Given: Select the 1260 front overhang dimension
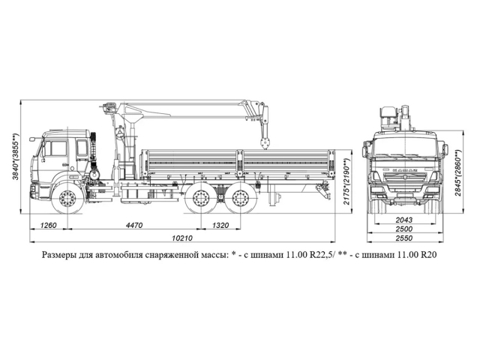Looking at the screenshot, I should tap(49, 225).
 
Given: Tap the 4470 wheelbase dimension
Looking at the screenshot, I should tap(135, 225).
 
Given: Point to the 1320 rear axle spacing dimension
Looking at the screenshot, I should tap(220, 225).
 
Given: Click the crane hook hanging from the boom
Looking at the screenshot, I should tap(263, 140).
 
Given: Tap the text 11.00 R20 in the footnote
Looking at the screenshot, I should tap(417, 255).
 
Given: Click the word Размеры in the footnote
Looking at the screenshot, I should tap(64, 255).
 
